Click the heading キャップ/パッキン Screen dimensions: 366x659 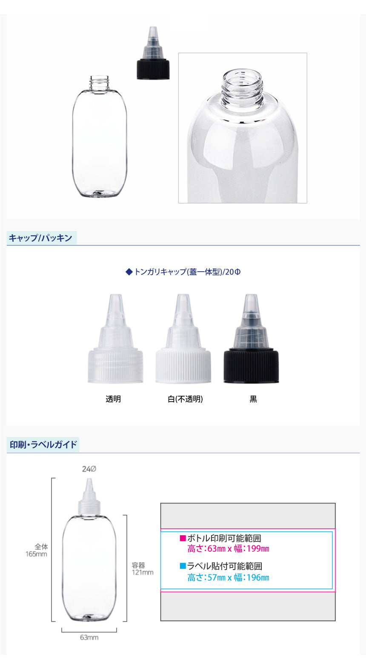[x=40, y=238]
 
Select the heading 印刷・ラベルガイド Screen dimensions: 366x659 [x=43, y=444]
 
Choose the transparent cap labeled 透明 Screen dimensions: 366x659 [x=115, y=338]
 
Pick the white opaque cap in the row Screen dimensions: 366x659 [x=183, y=338]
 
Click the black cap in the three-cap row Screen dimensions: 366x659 [x=251, y=338]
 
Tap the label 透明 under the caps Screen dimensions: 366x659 [x=113, y=399]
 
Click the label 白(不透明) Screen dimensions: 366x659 [x=186, y=399]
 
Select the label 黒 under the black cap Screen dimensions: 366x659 [x=253, y=399]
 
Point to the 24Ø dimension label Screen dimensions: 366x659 [x=89, y=469]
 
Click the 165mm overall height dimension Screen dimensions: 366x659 [x=36, y=554]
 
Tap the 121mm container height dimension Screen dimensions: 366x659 [x=143, y=573]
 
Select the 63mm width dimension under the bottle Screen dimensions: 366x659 [x=89, y=638]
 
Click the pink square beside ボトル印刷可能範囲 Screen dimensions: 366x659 [x=183, y=538]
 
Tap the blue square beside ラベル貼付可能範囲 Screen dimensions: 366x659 [x=183, y=566]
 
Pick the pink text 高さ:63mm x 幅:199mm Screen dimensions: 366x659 [x=228, y=549]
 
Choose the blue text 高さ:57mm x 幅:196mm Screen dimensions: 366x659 [x=228, y=578]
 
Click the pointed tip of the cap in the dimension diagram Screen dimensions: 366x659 [x=89, y=479]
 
